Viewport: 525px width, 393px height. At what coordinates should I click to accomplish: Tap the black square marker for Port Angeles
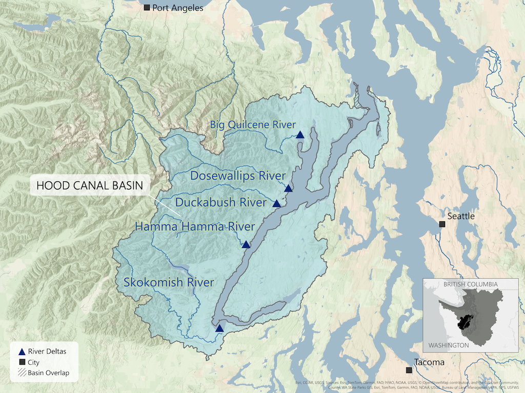(147, 7)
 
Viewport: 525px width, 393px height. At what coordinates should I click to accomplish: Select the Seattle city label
(461, 216)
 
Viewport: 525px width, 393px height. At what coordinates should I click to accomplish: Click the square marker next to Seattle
(441, 223)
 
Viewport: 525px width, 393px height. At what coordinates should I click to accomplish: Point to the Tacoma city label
(430, 363)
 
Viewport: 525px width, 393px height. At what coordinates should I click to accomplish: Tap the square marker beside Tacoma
(409, 370)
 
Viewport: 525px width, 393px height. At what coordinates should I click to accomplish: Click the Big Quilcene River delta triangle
(300, 135)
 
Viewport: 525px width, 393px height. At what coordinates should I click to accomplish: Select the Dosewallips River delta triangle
(288, 189)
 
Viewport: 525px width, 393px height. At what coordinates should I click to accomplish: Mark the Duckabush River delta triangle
(276, 203)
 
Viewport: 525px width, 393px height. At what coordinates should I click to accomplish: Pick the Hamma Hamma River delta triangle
(246, 245)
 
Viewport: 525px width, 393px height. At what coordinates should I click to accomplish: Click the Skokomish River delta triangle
(219, 328)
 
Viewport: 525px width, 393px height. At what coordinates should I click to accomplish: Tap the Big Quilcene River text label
(253, 125)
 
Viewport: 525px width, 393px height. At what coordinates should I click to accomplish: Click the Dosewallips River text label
(237, 176)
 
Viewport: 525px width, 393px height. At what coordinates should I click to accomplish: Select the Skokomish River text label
(169, 282)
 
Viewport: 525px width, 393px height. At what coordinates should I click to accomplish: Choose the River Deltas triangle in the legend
(22, 351)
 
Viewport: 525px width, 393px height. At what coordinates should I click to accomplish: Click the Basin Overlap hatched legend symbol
(22, 373)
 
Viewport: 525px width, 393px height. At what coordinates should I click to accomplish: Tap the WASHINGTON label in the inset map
(449, 345)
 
